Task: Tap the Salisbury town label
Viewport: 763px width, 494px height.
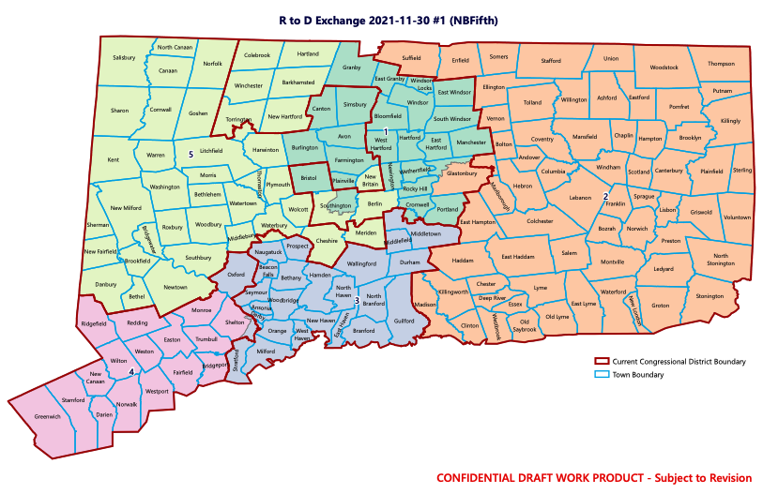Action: pos(125,57)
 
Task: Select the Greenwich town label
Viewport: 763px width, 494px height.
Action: pos(47,416)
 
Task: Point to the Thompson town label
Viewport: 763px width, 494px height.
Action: pos(721,64)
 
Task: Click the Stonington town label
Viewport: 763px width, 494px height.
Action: pos(710,295)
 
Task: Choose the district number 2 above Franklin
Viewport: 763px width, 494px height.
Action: pos(605,195)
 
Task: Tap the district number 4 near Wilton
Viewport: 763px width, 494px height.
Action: pos(131,372)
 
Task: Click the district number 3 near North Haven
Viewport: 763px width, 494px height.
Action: pos(357,299)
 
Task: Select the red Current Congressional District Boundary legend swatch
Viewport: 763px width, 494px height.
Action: pos(603,361)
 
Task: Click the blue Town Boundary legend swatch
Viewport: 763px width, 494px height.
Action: pos(603,375)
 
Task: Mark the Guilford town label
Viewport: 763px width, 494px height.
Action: pos(404,321)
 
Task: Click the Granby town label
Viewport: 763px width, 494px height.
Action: pos(352,67)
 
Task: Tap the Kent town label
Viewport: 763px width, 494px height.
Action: pos(114,160)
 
